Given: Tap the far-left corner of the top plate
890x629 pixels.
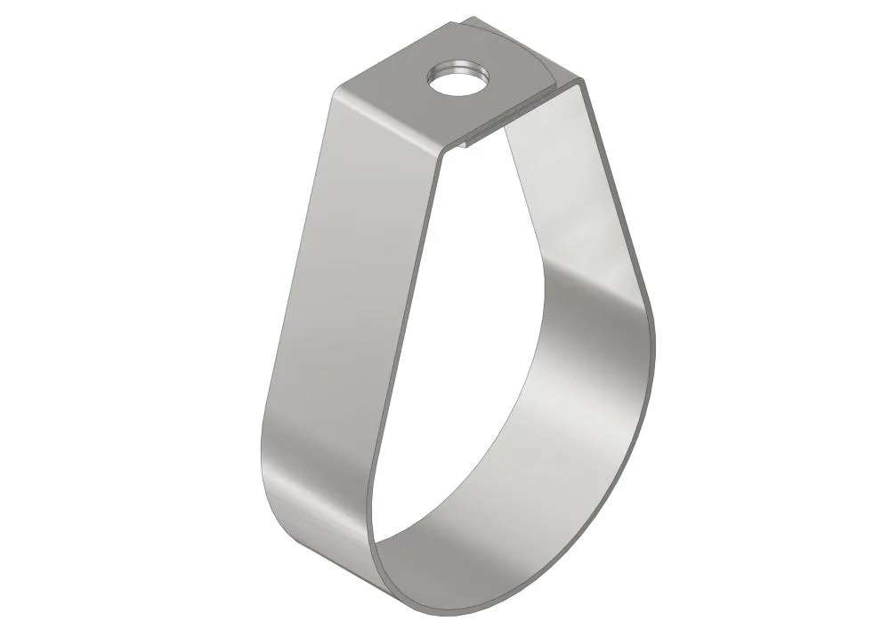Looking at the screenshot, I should pos(337,88).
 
